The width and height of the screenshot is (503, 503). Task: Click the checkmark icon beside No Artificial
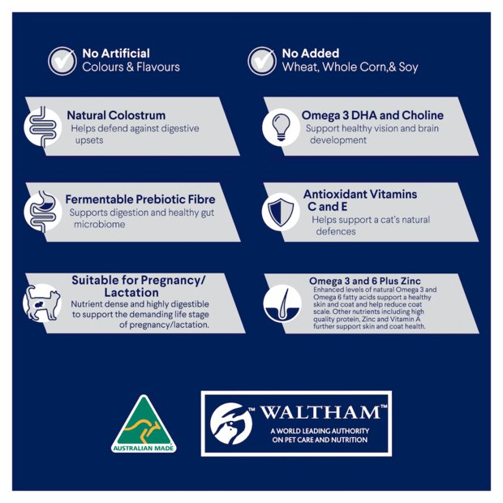pyautogui.click(x=62, y=61)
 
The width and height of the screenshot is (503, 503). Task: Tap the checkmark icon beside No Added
pyautogui.click(x=262, y=61)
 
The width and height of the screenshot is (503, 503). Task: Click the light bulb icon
pyautogui.click(x=281, y=127)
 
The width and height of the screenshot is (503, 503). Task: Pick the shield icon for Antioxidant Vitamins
pyautogui.click(x=281, y=212)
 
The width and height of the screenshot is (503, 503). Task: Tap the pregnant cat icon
pyautogui.click(x=43, y=303)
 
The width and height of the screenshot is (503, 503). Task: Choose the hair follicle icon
pyautogui.click(x=282, y=303)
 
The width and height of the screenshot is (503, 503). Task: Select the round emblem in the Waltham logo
pyautogui.click(x=231, y=423)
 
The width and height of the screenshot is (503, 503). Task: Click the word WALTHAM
pyautogui.click(x=320, y=412)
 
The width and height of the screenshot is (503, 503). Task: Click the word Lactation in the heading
pyautogui.click(x=131, y=293)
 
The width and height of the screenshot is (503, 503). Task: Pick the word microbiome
pyautogui.click(x=100, y=224)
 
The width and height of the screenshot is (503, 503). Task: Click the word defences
pyautogui.click(x=336, y=231)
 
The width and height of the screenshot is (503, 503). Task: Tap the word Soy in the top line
pyautogui.click(x=408, y=67)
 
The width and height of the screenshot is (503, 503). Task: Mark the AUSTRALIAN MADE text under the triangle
pyautogui.click(x=144, y=448)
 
